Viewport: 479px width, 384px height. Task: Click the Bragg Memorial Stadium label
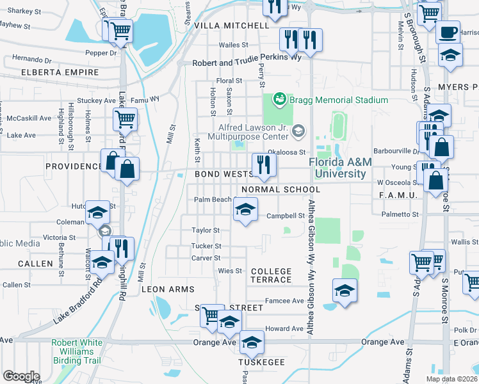pos(338,100)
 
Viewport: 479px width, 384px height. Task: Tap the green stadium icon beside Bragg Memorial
pos(279,99)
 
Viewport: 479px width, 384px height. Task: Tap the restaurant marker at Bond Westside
pos(263,164)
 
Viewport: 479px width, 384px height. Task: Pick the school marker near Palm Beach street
pos(245,209)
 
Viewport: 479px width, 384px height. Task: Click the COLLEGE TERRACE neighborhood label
pos(271,276)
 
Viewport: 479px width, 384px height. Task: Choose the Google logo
pos(21,376)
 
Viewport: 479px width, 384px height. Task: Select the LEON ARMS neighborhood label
pos(168,289)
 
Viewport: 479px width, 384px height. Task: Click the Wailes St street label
pos(233,45)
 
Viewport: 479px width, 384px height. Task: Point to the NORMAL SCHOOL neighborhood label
pos(280,190)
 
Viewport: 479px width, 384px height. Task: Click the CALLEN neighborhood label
pos(36,264)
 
